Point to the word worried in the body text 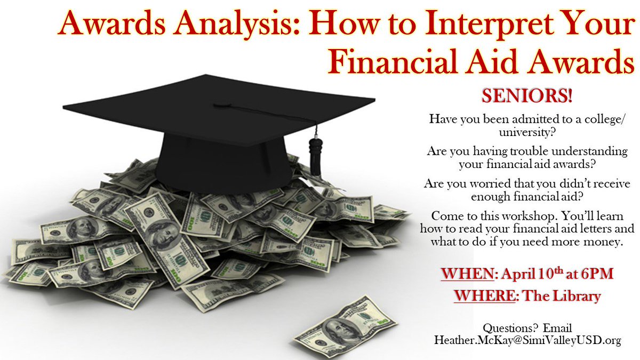(491, 183)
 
